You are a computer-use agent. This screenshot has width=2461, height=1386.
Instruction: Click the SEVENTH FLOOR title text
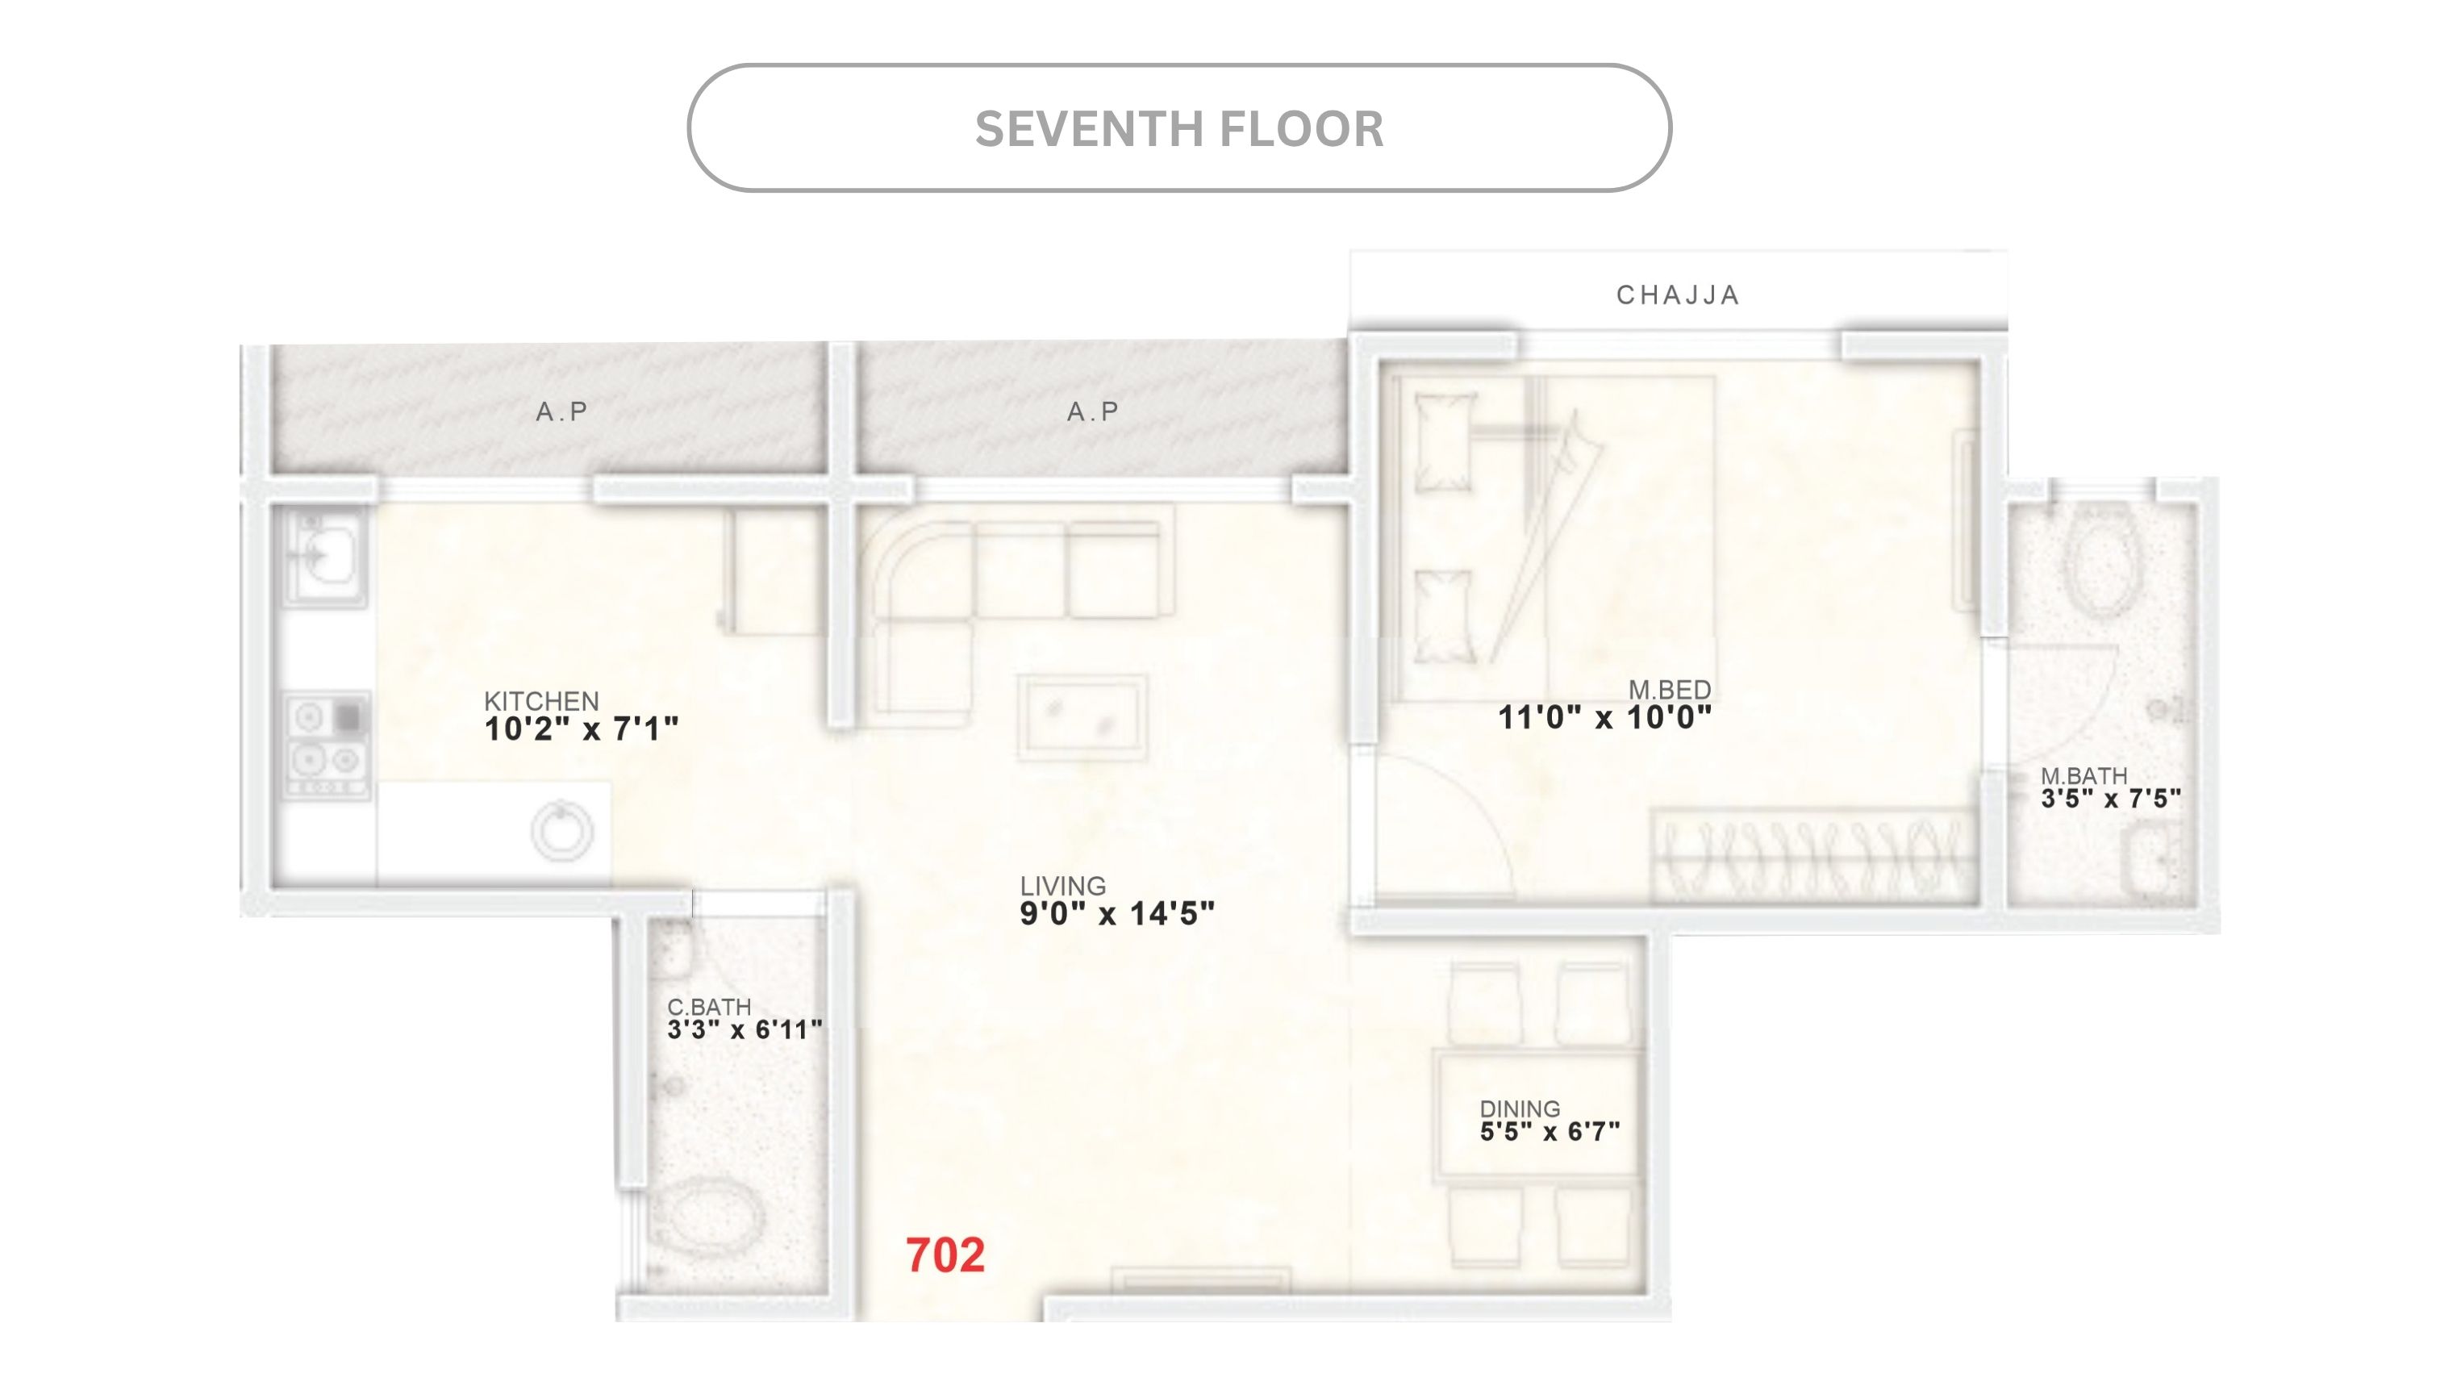point(1179,129)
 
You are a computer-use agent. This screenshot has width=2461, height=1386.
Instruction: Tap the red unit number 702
point(945,1255)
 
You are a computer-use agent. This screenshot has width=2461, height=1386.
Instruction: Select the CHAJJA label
point(1678,295)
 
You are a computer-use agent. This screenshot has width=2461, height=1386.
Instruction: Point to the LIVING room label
point(1062,886)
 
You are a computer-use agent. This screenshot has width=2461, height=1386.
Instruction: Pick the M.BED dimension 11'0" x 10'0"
point(1604,717)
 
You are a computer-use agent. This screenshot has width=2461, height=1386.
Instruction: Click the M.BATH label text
point(2084,775)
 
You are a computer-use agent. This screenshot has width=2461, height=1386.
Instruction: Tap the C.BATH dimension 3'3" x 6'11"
point(745,1029)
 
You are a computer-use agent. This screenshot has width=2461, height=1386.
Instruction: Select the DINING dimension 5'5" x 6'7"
point(1550,1132)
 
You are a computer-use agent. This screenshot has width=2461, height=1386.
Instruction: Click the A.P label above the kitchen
point(561,411)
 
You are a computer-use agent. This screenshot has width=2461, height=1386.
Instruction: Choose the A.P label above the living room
point(1093,411)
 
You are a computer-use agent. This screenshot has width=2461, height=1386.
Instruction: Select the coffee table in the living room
point(1082,716)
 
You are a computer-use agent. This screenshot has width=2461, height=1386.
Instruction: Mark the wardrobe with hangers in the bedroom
point(1813,854)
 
